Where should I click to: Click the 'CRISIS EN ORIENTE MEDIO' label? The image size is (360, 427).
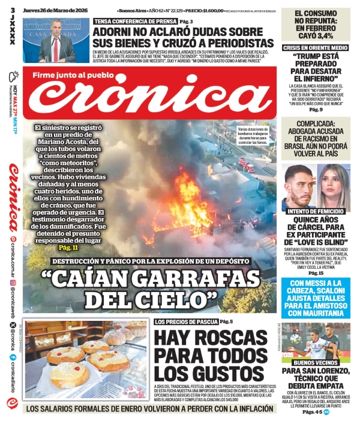click(314, 48)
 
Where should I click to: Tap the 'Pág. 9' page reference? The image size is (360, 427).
click(315, 109)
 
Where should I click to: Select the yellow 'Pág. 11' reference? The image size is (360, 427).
click(68, 247)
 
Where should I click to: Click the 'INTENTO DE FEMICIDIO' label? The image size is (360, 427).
click(315, 211)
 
